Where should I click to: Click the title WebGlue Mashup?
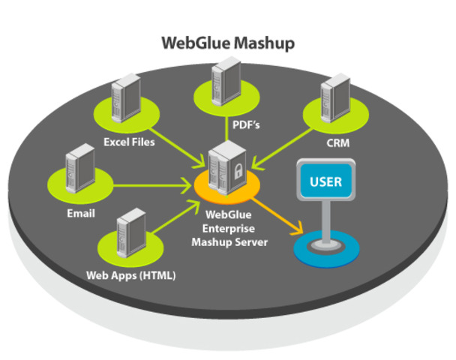228,43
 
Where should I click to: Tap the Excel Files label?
129,142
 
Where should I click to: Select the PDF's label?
246,125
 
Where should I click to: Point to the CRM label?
338,143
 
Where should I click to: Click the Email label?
81,214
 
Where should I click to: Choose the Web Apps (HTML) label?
130,275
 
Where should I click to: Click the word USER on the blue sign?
325,181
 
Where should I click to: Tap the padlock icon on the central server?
238,171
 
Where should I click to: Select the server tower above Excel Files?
126,98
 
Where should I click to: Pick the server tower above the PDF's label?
226,82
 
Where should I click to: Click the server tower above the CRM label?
335,98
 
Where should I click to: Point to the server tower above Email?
80,168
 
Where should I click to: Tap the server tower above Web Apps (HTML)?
131,233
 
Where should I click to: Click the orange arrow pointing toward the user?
276,215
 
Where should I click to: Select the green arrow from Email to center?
152,185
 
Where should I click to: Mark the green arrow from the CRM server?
283,148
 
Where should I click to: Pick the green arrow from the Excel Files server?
178,148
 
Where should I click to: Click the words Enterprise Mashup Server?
229,235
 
